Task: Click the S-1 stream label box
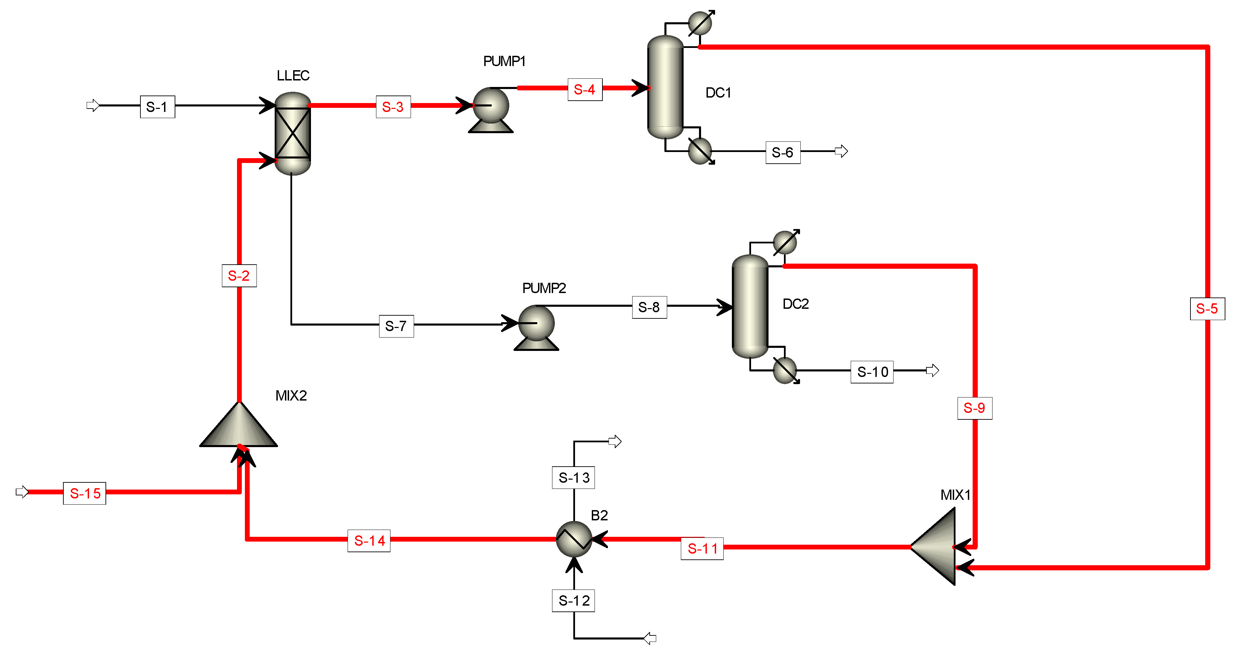pos(158,106)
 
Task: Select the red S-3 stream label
pos(393,106)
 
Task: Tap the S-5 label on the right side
pos(1207,308)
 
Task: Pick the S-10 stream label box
pos(872,372)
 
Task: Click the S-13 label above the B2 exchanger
pos(573,477)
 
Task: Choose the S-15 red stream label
pos(85,493)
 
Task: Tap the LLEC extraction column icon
pos(293,133)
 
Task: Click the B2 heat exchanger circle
pos(574,539)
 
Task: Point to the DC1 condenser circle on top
pos(700,23)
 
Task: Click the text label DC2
pos(796,304)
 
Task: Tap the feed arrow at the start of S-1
pos(92,105)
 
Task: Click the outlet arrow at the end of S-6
pos(841,152)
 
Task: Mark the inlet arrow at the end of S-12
pos(650,638)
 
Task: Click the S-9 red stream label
pos(974,408)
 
